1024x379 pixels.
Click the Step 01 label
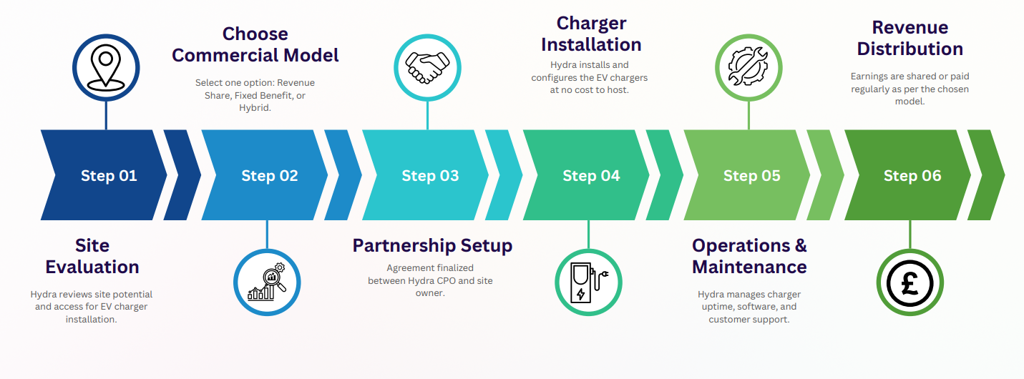(x=109, y=176)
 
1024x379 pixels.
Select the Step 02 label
(x=270, y=176)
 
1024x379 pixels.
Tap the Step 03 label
(x=430, y=176)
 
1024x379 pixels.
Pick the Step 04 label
(x=591, y=176)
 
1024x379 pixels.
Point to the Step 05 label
(x=751, y=176)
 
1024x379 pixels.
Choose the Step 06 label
(x=912, y=176)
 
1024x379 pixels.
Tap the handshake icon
(x=427, y=67)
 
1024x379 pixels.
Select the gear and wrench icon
(x=749, y=67)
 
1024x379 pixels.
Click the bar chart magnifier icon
(x=268, y=282)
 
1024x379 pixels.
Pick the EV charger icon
(x=589, y=282)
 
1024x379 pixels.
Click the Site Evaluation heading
(x=92, y=256)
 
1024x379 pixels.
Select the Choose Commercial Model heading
(x=255, y=44)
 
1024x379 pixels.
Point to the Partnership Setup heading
(x=432, y=246)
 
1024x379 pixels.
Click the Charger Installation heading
(x=591, y=34)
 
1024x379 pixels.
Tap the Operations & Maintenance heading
(x=749, y=256)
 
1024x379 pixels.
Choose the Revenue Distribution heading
(x=910, y=38)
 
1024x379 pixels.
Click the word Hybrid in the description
(x=255, y=108)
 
